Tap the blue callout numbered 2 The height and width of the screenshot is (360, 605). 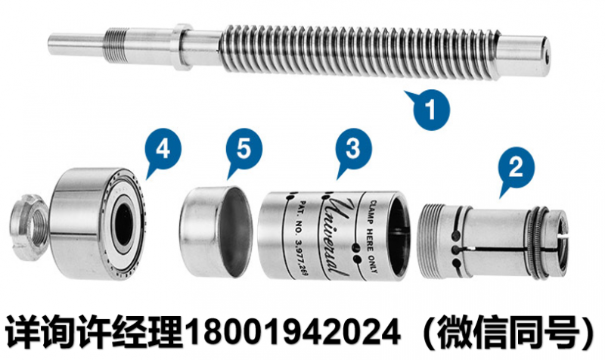pos(517,164)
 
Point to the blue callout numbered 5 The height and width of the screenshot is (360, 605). pos(244,148)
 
